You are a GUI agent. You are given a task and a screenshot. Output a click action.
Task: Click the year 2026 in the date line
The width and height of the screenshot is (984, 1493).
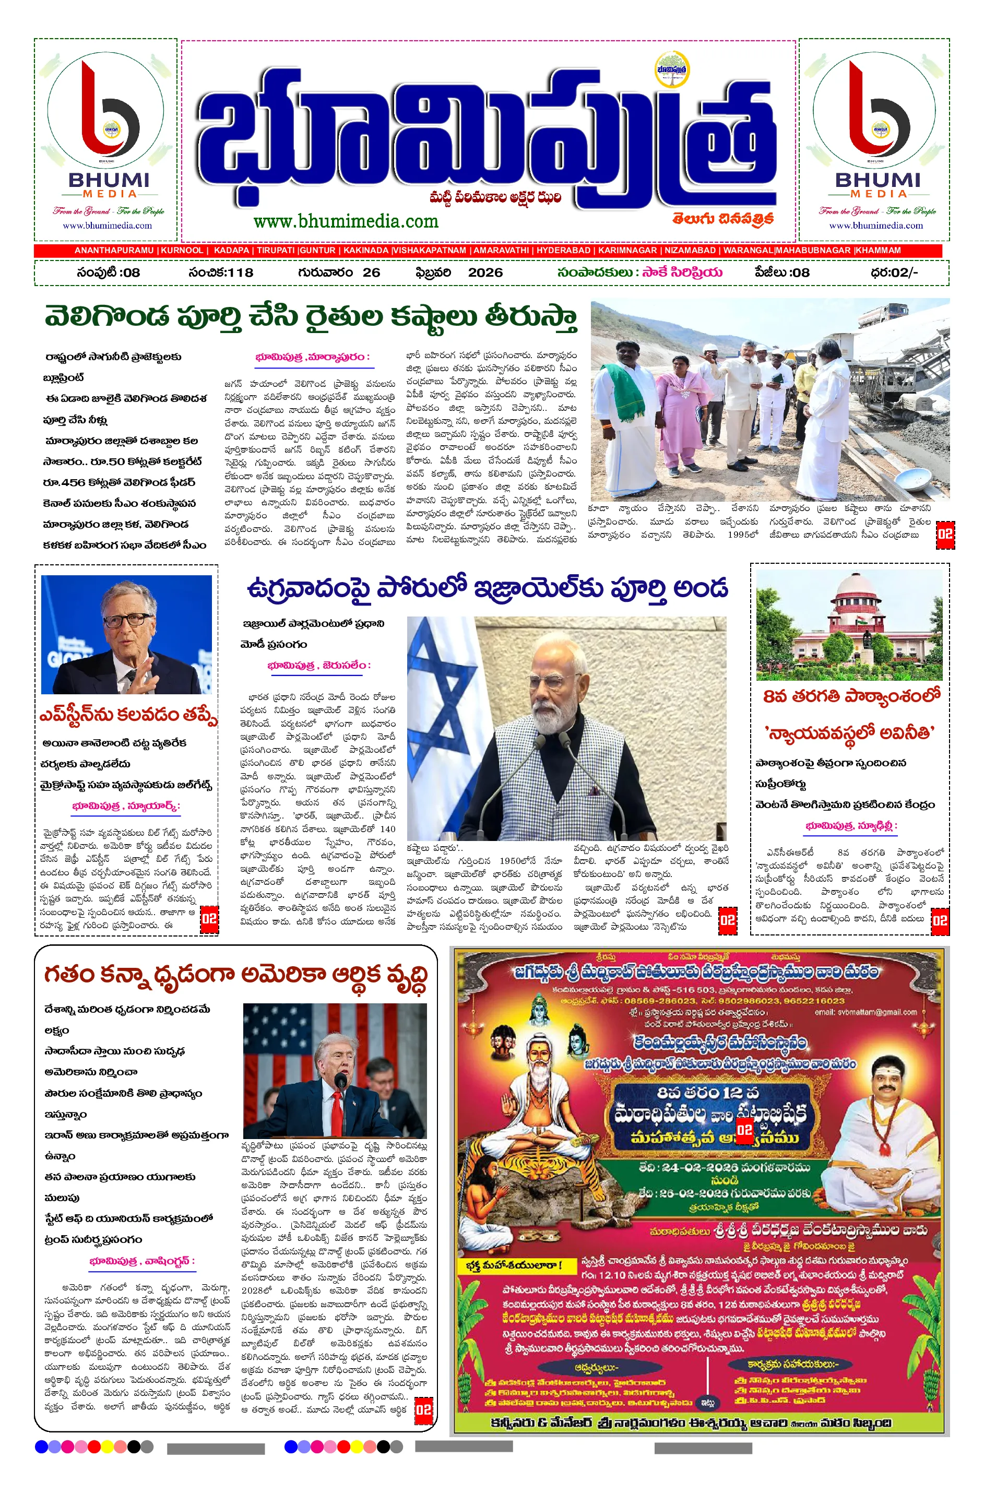[485, 272]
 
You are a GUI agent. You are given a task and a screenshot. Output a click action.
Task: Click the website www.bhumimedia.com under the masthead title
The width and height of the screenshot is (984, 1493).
[346, 221]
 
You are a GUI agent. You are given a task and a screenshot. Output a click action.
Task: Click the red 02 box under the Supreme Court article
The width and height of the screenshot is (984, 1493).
[940, 921]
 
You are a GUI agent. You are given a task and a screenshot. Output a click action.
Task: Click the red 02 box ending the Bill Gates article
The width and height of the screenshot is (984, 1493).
[209, 919]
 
